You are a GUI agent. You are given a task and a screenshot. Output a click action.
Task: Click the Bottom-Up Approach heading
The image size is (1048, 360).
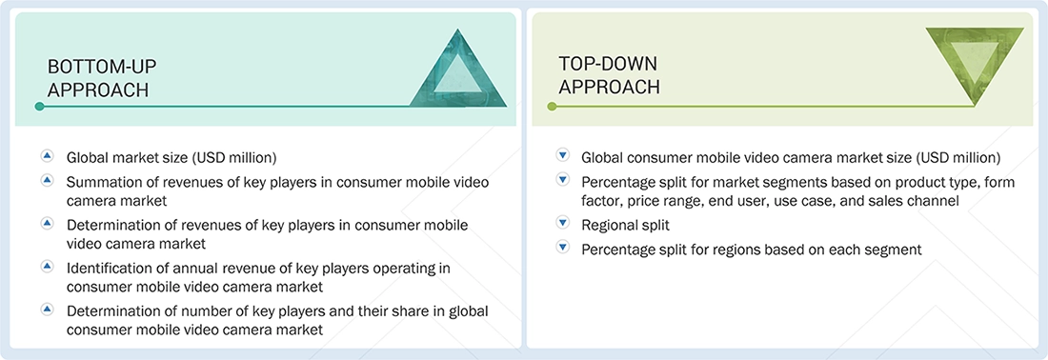pyautogui.click(x=102, y=77)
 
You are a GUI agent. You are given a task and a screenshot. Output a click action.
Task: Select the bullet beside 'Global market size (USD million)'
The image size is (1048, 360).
pyautogui.click(x=47, y=155)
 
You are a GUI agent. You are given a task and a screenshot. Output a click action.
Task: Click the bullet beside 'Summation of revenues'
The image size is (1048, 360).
pyautogui.click(x=47, y=179)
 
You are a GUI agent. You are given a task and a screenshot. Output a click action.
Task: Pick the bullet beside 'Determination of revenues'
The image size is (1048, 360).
pyautogui.click(x=47, y=223)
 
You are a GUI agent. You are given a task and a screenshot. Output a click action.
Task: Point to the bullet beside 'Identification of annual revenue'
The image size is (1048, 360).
pyautogui.click(x=47, y=266)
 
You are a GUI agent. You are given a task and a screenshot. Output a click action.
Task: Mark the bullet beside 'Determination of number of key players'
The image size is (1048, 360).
pyautogui.click(x=47, y=309)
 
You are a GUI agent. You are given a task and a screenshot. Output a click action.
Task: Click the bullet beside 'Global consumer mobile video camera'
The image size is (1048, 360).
pyautogui.click(x=562, y=155)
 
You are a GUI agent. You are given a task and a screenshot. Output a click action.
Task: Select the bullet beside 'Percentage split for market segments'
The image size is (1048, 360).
pyautogui.click(x=562, y=180)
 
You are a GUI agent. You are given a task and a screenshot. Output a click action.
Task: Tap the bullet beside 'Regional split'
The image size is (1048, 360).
pyautogui.click(x=562, y=224)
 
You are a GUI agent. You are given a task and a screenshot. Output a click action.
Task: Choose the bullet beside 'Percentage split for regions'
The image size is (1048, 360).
pyautogui.click(x=562, y=248)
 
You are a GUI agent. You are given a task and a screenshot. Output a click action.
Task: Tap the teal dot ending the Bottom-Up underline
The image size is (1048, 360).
pyautogui.click(x=39, y=107)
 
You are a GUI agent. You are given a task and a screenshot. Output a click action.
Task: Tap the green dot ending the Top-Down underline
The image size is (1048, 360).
pyautogui.click(x=551, y=107)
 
